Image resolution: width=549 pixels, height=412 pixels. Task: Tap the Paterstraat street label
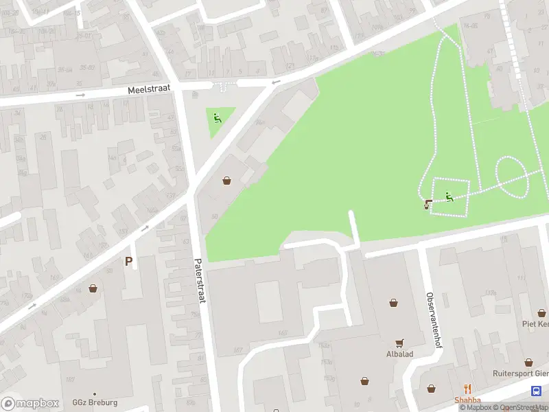[x=200, y=282]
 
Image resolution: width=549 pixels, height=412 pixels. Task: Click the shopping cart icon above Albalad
[x=399, y=343]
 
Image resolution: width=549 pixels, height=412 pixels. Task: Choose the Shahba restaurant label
[x=467, y=400]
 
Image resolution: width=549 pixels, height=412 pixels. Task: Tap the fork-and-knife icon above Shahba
[x=467, y=389]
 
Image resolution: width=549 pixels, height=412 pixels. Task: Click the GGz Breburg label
[x=95, y=402]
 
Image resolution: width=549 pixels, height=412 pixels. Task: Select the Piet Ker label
[x=535, y=324]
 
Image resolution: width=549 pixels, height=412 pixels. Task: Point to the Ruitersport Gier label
[x=521, y=374]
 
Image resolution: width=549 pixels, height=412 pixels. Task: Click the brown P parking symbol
[x=128, y=261]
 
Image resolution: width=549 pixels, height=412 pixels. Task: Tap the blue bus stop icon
[x=535, y=391]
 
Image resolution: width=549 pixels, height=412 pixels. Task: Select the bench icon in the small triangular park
[x=218, y=118]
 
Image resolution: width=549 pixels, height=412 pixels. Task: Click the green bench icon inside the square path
[x=449, y=197]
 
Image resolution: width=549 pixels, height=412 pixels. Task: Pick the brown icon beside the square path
[x=429, y=203]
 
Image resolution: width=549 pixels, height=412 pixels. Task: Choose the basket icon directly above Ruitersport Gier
[x=528, y=362]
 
